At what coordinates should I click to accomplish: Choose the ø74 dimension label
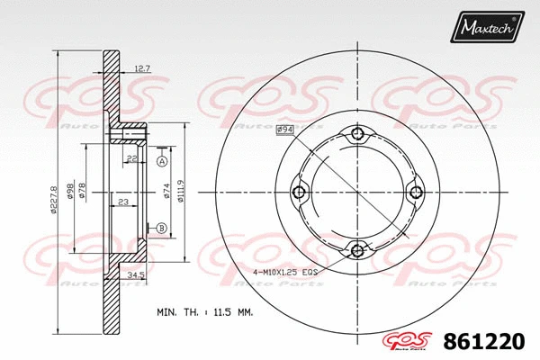167,192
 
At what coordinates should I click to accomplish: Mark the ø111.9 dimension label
183,192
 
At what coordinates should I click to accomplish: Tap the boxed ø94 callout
285,130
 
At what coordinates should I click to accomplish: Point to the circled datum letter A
161,162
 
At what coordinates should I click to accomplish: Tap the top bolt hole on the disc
358,135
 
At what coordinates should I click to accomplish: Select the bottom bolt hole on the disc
358,250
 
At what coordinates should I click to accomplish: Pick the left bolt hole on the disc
301,193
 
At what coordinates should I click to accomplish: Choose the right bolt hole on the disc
416,192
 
